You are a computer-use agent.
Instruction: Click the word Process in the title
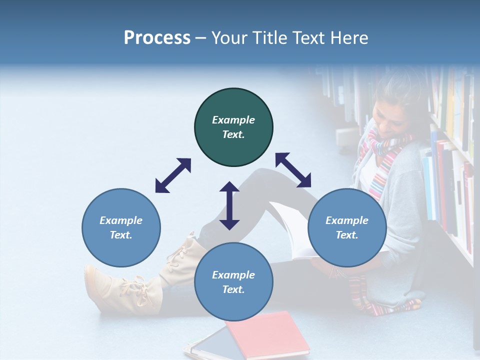coord(157,38)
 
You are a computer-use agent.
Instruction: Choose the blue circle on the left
coord(121,227)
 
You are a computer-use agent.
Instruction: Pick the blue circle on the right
coord(347,227)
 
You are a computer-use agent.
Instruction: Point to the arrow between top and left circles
coord(173,175)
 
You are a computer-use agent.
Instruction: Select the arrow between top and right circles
coord(293,170)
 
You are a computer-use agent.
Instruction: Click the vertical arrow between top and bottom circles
coord(229,205)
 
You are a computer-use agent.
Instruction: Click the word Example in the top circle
coord(233,120)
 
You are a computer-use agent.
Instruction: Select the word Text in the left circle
coord(121,235)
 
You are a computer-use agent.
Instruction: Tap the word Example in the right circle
coord(347,220)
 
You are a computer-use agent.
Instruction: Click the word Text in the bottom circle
coord(233,289)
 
